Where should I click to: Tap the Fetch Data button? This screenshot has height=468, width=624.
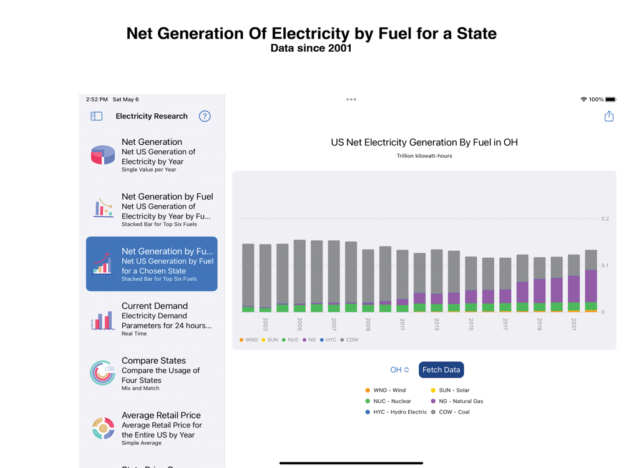[x=441, y=370]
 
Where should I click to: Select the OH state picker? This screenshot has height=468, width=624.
[x=399, y=370]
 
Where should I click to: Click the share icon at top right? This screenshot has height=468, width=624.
[x=609, y=116]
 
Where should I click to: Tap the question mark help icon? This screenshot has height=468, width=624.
[x=205, y=116]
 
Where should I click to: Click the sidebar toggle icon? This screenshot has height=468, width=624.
[x=97, y=116]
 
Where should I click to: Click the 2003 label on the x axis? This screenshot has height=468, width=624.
[x=265, y=324]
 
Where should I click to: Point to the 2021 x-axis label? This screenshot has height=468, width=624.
[x=574, y=324]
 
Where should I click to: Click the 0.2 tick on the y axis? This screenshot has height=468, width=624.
[x=605, y=219]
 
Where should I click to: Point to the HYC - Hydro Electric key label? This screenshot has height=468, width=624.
[x=400, y=412]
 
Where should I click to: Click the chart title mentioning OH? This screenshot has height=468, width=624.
[x=424, y=142]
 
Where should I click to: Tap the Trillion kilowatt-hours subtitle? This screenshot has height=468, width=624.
[x=424, y=156]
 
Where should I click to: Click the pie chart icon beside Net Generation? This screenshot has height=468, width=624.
[x=103, y=155]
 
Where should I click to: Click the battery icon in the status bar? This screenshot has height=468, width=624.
[x=611, y=99]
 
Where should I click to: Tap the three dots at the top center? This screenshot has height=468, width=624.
[x=351, y=99]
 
